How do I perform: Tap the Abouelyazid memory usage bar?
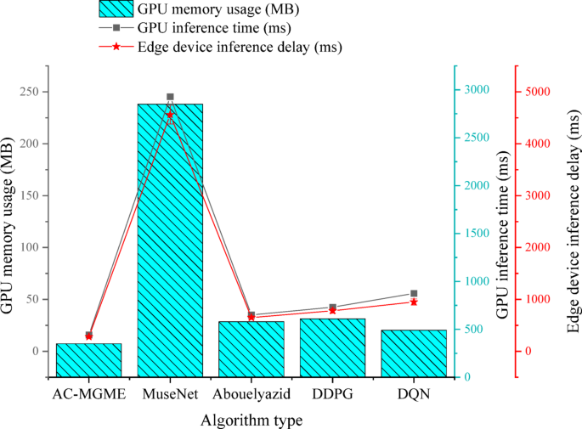pyautogui.click(x=251, y=349)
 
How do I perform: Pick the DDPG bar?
pyautogui.click(x=332, y=347)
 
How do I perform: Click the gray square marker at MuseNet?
pyautogui.click(x=170, y=97)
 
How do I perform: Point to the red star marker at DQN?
pyautogui.click(x=414, y=302)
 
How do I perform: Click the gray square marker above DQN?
pyautogui.click(x=414, y=293)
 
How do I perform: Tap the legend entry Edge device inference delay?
pyautogui.click(x=240, y=48)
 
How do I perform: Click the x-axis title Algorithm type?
pyautogui.click(x=251, y=420)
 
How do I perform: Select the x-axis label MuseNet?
pyautogui.click(x=170, y=395)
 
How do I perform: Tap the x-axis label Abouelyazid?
pyautogui.click(x=251, y=395)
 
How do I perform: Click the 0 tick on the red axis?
pyautogui.click(x=529, y=351)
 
